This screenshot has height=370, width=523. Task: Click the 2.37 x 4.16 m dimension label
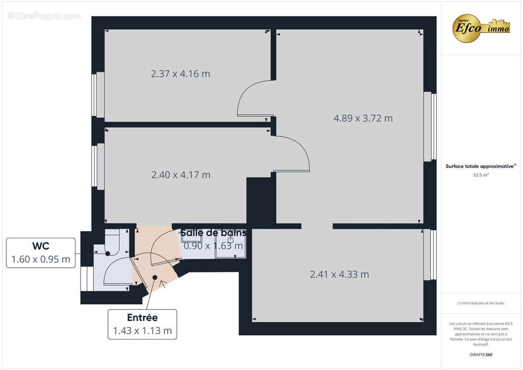coord(180,74)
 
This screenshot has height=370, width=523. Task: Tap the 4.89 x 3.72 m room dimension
coord(363,118)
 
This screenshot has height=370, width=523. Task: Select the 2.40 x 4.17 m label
coord(181,175)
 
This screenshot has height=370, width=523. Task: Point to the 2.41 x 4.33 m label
coord(339,274)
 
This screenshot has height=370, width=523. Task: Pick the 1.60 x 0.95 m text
coord(41,259)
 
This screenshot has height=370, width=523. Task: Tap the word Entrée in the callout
coord(142,318)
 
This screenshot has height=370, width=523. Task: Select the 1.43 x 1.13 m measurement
coord(142,331)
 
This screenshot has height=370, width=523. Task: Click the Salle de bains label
coord(213,233)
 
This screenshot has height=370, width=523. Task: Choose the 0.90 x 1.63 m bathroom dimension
coord(213,246)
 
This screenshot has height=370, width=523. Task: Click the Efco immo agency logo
coord(481,28)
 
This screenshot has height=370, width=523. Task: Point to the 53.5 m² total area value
coord(481,175)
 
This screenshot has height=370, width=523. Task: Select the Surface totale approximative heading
coord(480,166)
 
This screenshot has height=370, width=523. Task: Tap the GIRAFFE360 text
coord(481,355)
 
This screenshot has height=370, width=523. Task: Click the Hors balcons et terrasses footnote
coord(481,303)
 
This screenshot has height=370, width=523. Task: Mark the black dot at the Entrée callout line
coord(155,277)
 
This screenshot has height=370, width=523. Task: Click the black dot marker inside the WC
coord(108,253)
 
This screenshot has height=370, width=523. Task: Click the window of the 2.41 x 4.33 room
coord(433,255)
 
